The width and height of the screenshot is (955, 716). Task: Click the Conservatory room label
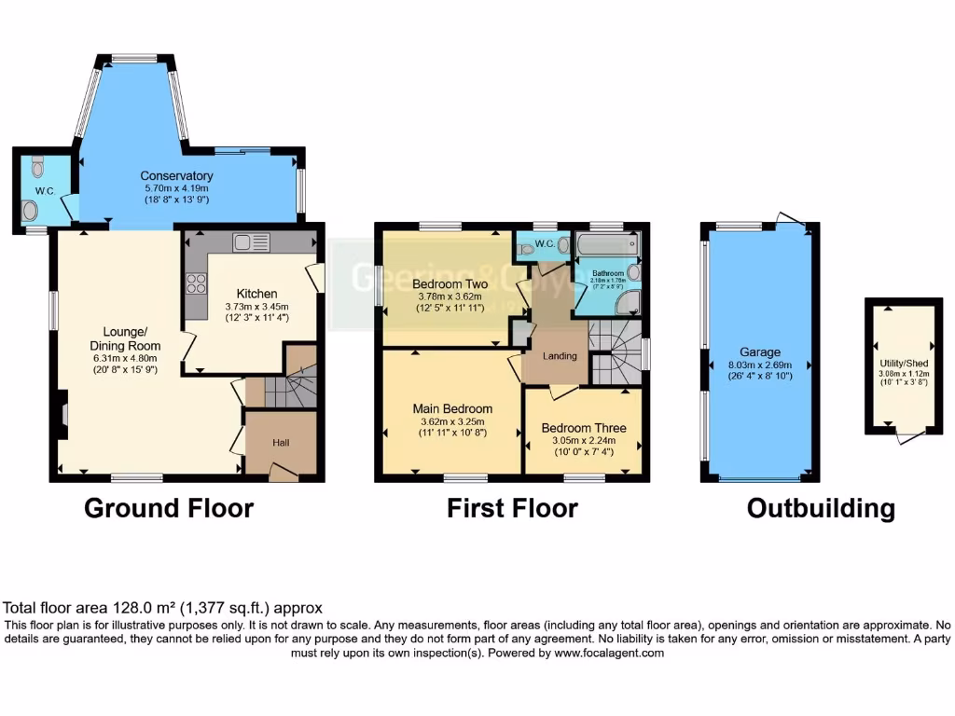pyautogui.click(x=176, y=175)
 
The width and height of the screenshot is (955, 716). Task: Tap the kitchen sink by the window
pyautogui.click(x=252, y=242)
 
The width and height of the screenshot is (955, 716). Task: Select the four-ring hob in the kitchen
pyautogui.click(x=198, y=282)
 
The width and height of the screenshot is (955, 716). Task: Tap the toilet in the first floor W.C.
pyautogui.click(x=527, y=248)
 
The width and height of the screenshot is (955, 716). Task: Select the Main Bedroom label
pyautogui.click(x=453, y=408)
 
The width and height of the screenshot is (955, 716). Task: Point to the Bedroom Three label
pyautogui.click(x=584, y=429)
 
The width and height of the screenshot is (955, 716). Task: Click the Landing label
pyautogui.click(x=561, y=356)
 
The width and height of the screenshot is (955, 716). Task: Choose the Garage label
pyautogui.click(x=760, y=352)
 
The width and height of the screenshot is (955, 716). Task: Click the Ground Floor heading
pyautogui.click(x=169, y=508)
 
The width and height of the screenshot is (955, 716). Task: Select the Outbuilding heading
pyautogui.click(x=821, y=508)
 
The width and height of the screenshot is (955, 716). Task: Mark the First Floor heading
pyautogui.click(x=512, y=508)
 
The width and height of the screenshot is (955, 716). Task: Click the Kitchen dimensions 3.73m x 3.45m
pyautogui.click(x=257, y=306)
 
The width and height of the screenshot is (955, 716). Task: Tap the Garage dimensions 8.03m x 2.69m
pyautogui.click(x=760, y=365)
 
